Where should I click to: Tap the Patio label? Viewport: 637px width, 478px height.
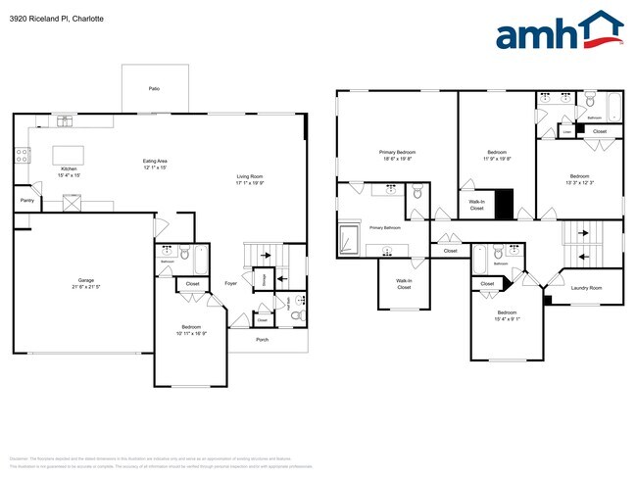click(154, 89)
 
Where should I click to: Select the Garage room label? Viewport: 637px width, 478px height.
click(86, 280)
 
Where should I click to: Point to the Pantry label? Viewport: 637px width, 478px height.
click(25, 202)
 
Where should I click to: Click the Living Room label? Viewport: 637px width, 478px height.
click(251, 176)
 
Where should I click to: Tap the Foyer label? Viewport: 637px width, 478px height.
click(230, 283)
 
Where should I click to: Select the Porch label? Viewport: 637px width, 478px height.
click(262, 340)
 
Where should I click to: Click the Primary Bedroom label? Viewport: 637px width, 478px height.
click(397, 153)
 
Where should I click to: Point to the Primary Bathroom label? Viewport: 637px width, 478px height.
click(385, 227)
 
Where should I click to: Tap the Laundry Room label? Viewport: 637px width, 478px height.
click(586, 288)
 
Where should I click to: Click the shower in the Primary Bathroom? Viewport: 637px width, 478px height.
click(349, 238)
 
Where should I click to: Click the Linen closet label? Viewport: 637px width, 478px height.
click(566, 130)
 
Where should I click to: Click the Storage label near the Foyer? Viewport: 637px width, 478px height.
click(265, 279)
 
